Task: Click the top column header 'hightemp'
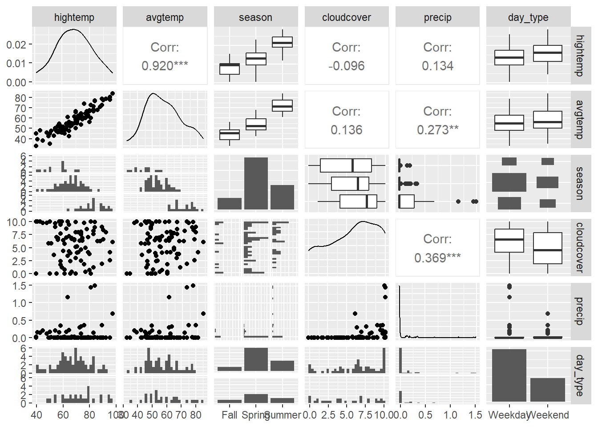tap(74, 17)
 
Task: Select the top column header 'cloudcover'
tap(346, 17)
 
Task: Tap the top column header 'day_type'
tap(528, 17)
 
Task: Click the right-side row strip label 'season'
tap(580, 183)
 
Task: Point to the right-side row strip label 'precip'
tap(580, 311)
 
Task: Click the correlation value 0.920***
tap(165, 66)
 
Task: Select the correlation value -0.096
tap(346, 66)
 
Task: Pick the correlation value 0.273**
tap(437, 130)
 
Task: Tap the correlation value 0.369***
tap(437, 258)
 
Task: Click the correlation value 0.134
tap(437, 66)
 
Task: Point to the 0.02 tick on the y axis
tap(16, 44)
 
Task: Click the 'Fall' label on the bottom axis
tap(230, 415)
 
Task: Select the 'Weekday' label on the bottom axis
tap(508, 415)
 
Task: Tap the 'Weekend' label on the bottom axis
tap(548, 415)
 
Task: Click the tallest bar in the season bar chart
tap(256, 183)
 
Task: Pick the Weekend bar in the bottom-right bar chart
tap(547, 390)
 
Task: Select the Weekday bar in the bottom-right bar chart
tap(509, 375)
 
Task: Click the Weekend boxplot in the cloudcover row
tap(547, 248)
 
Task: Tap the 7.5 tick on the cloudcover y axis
tap(17, 235)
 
